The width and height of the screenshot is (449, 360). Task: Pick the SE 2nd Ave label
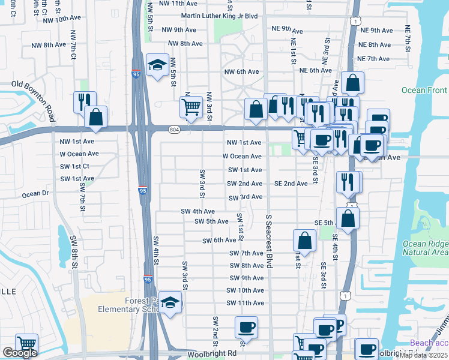tap(291, 184)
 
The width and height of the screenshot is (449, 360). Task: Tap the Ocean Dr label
tap(35, 194)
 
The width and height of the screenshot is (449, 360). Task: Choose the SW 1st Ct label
tap(75, 166)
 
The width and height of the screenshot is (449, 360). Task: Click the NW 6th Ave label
tap(241, 71)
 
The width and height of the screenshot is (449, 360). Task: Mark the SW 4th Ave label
tap(197, 211)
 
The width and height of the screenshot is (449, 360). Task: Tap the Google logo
tap(20, 353)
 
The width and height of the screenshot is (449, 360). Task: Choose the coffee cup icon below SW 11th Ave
tap(246, 327)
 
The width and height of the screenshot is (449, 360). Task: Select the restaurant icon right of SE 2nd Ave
tap(348, 181)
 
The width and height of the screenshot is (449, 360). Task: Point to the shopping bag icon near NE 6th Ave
tap(352, 82)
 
